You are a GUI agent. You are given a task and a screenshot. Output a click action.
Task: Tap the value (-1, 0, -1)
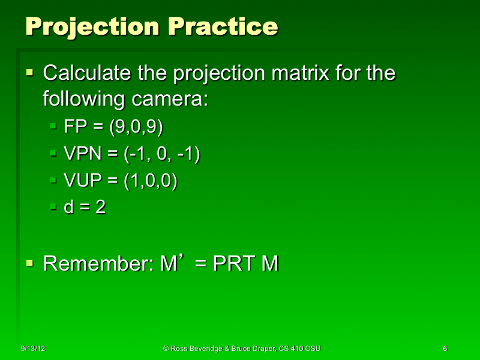point(161,154)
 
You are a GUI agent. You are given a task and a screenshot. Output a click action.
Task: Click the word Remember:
point(98,263)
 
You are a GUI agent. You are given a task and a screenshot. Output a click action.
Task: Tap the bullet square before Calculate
point(31,73)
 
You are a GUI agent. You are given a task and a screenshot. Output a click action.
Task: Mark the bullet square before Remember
point(31,263)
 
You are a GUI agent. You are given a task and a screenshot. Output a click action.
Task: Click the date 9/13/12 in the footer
point(34,349)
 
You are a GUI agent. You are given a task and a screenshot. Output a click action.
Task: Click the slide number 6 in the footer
point(445,349)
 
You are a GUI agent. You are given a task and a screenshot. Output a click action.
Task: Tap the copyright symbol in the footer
point(166,349)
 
